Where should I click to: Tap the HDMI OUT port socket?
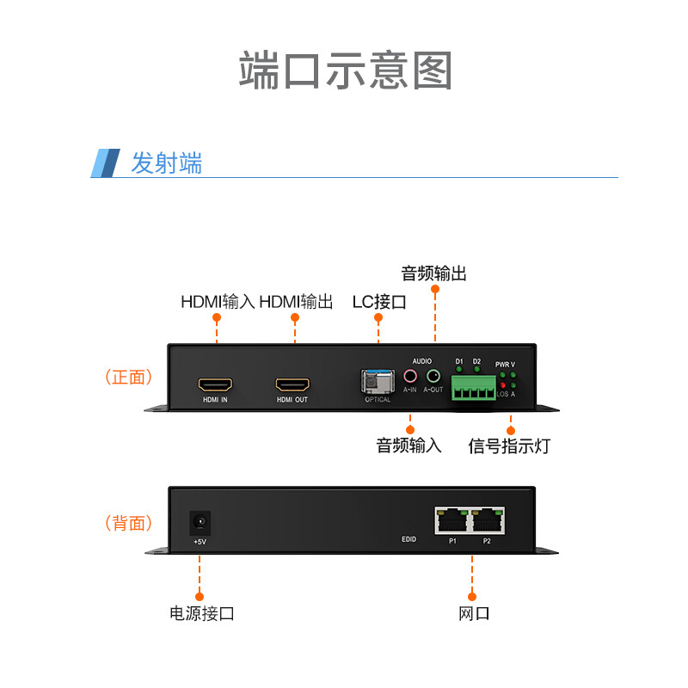[x=292, y=384]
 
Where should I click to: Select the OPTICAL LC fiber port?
[x=377, y=380]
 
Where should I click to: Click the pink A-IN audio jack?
[x=410, y=376]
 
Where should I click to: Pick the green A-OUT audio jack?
[x=433, y=376]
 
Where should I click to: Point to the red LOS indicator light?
[x=503, y=384]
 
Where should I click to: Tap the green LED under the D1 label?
[x=459, y=369]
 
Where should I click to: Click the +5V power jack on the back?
[x=200, y=521]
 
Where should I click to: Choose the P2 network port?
[x=487, y=519]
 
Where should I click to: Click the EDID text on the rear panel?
[x=408, y=539]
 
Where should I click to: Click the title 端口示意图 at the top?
[x=344, y=71]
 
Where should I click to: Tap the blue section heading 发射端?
[x=166, y=163]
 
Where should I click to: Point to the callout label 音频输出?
[x=434, y=273]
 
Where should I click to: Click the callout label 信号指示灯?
[x=508, y=445]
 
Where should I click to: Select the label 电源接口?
[x=201, y=613]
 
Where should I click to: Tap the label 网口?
[x=473, y=613]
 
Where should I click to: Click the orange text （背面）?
[x=127, y=523]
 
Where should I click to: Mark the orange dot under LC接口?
[x=378, y=317]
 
